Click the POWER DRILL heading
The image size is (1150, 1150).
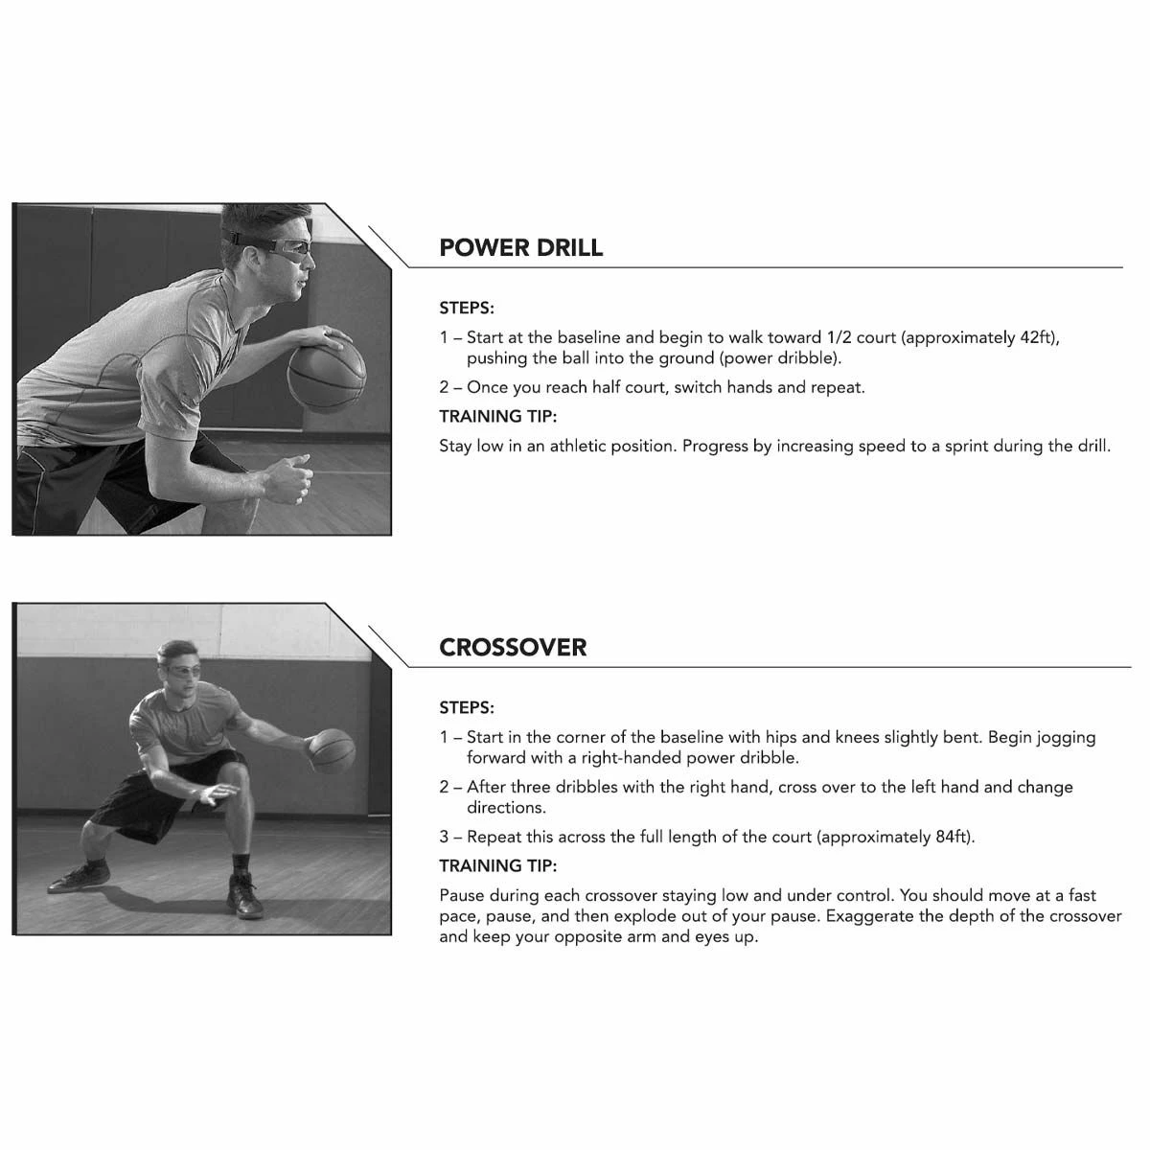point(520,247)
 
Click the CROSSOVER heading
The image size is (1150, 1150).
point(513,648)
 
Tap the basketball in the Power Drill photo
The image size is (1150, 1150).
point(327,374)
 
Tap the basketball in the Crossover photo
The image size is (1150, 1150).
point(332,750)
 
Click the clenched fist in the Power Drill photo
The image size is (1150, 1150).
point(290,478)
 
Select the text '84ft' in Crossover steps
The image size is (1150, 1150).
point(953,838)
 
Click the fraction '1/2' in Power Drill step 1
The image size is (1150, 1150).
point(839,337)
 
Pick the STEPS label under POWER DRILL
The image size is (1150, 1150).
point(467,309)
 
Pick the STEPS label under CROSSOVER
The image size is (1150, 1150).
point(467,708)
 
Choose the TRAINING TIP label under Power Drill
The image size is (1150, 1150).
point(497,417)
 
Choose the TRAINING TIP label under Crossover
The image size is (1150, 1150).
point(497,866)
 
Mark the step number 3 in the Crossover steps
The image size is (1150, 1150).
point(444,838)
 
